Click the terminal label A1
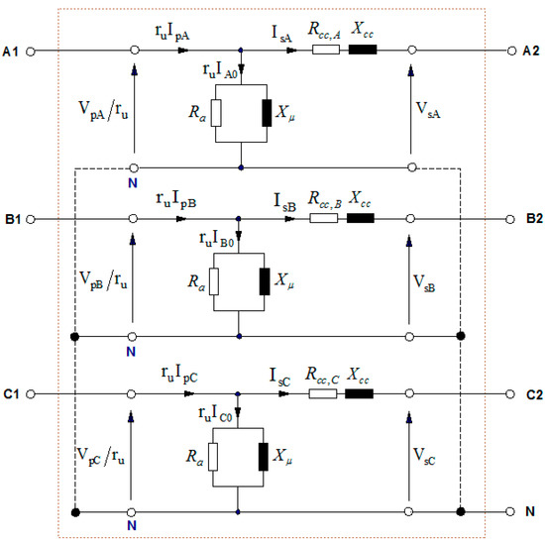click(x=12, y=49)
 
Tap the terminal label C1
click(x=12, y=394)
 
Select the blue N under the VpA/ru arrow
click(x=132, y=182)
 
